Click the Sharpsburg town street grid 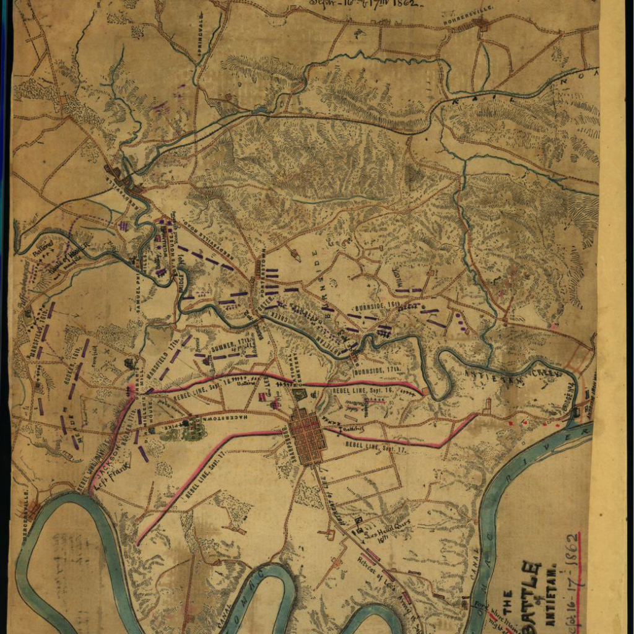tap(307, 436)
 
